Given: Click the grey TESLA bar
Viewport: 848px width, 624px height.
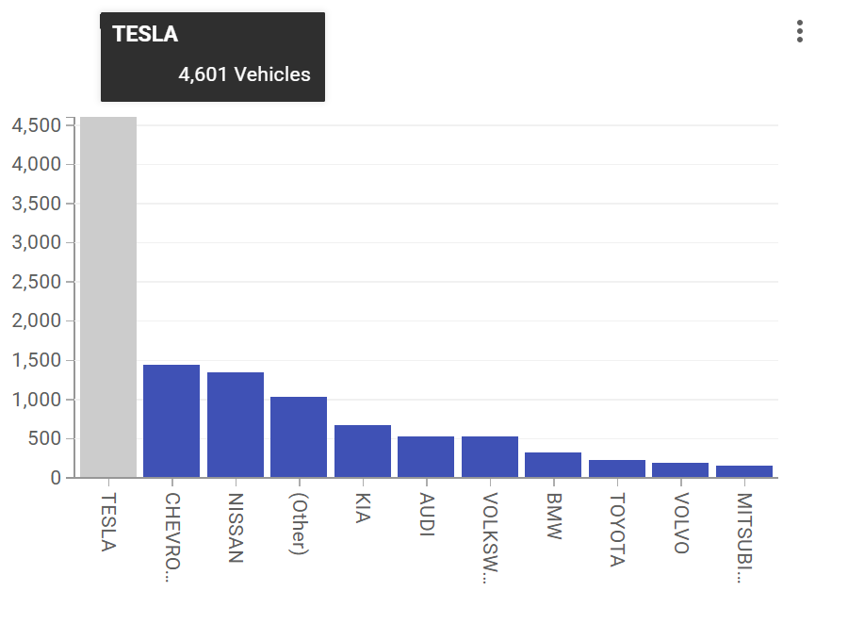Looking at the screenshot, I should tap(108, 297).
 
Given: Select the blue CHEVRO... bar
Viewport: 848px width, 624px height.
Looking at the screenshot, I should tap(171, 420).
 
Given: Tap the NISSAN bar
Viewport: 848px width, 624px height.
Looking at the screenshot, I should tap(236, 424).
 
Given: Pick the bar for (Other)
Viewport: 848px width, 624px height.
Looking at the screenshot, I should tap(299, 436).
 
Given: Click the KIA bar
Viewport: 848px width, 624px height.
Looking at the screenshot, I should tap(363, 451).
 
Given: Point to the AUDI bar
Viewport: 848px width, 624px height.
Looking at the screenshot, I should tap(426, 456).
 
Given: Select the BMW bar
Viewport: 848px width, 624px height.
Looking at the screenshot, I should tap(553, 465).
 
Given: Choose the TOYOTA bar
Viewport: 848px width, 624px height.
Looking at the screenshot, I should tap(617, 468).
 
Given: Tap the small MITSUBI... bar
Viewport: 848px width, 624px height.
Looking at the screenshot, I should tap(744, 471).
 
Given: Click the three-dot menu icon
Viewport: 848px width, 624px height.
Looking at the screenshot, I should tap(800, 31).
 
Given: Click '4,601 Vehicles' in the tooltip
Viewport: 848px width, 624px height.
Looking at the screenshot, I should tap(244, 74).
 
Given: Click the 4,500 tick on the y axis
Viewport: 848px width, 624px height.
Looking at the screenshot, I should tap(37, 125).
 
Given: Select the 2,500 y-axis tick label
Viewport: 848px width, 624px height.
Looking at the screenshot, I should tap(37, 282).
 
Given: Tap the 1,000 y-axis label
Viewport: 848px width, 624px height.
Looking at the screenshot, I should tap(37, 400).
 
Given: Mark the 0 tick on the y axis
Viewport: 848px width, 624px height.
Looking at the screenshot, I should tap(56, 478).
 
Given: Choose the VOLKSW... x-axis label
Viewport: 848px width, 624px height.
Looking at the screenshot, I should tap(490, 538).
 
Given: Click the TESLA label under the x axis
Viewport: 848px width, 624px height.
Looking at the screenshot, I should tap(108, 521).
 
